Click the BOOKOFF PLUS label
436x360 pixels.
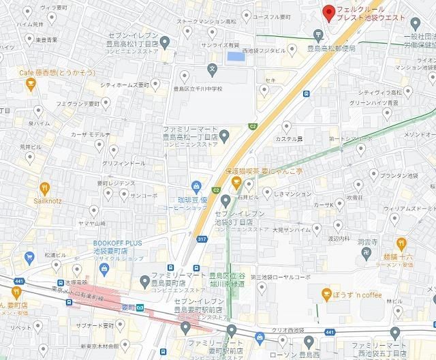tap(121, 247)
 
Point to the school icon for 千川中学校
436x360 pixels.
tap(213, 69)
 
